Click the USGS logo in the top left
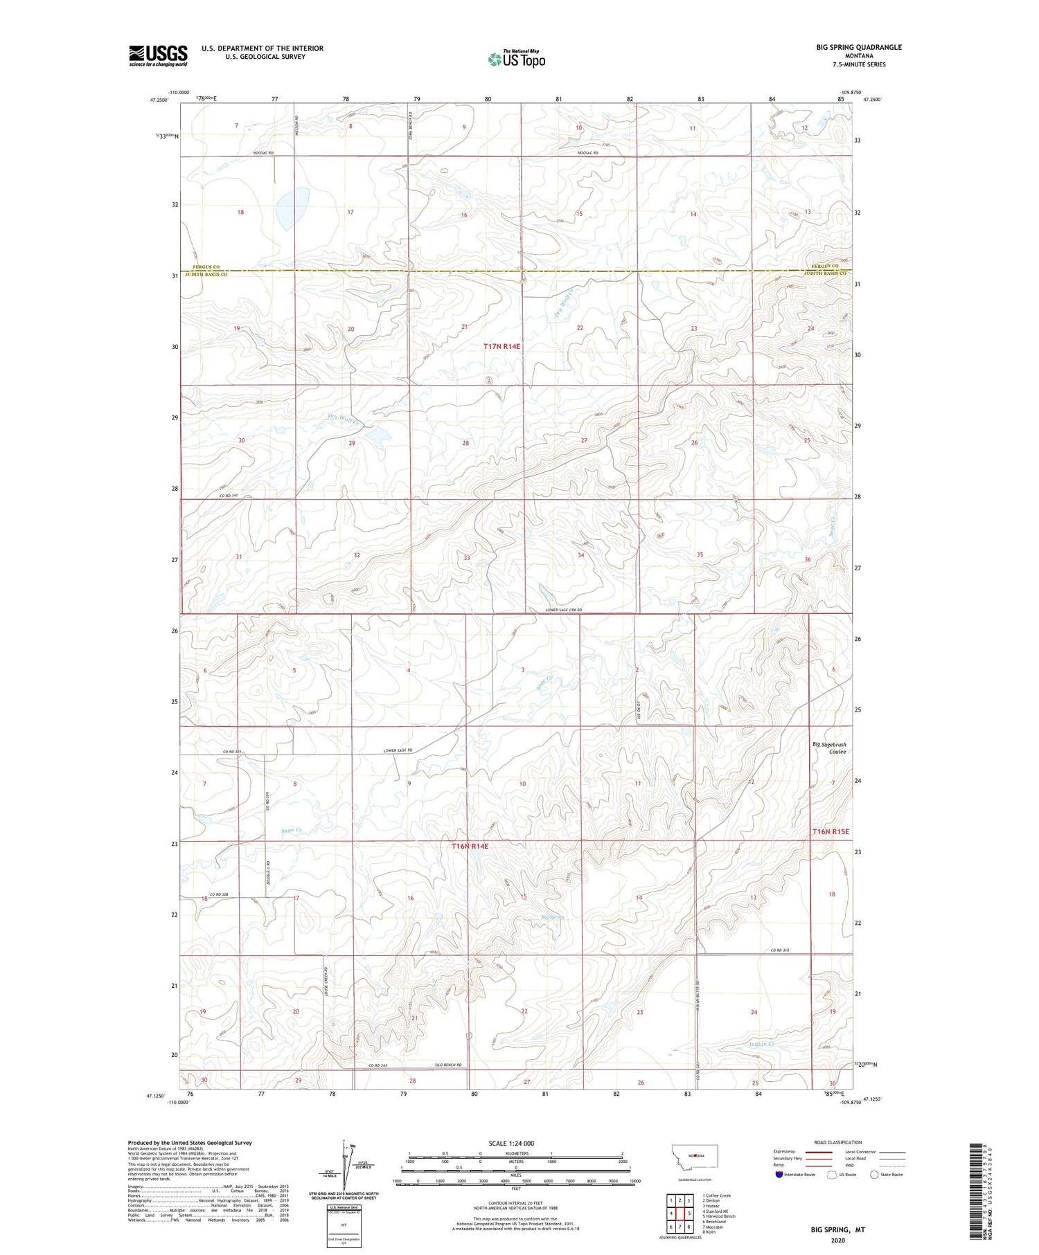click(158, 55)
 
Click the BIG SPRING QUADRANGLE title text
click(859, 47)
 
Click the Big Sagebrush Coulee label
click(829, 748)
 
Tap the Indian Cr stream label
click(761, 1044)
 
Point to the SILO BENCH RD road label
click(443, 1065)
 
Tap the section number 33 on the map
click(467, 558)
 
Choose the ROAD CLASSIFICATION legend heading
click(837, 1142)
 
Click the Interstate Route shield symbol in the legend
click(780, 1175)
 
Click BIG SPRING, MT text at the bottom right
click(838, 1230)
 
